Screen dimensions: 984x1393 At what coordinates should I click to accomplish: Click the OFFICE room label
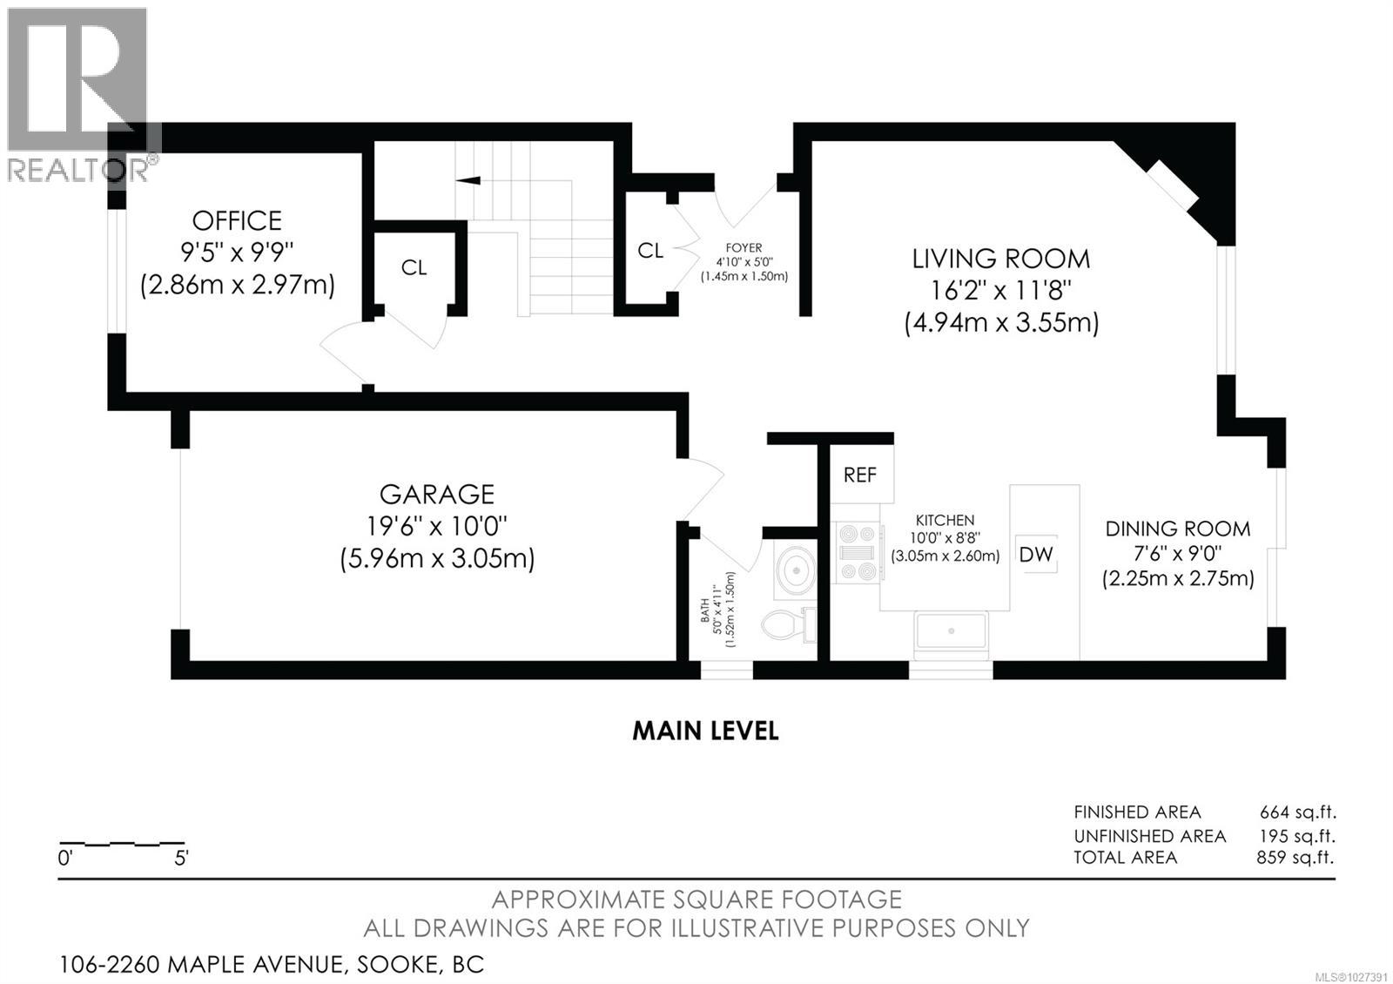[237, 220]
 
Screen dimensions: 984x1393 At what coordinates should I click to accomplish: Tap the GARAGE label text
[437, 495]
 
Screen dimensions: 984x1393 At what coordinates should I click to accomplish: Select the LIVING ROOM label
[1000, 259]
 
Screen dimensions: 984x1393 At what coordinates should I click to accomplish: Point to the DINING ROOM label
[1178, 529]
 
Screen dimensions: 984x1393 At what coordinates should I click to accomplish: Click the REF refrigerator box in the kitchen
[860, 475]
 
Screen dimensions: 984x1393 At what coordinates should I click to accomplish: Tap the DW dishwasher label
[1036, 554]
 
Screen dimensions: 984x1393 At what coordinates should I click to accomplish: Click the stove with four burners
[856, 552]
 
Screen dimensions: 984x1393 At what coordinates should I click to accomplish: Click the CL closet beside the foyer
[650, 251]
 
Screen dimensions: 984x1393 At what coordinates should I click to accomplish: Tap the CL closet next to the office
[414, 267]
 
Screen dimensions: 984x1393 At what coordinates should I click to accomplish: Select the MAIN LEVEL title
[705, 731]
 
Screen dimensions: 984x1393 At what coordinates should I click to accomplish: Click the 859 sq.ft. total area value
[1289, 857]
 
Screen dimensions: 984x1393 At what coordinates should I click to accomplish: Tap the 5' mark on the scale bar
[181, 858]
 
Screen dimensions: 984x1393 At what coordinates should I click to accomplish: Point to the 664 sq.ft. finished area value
[1297, 812]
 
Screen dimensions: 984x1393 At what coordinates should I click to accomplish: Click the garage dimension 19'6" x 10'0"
[437, 526]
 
